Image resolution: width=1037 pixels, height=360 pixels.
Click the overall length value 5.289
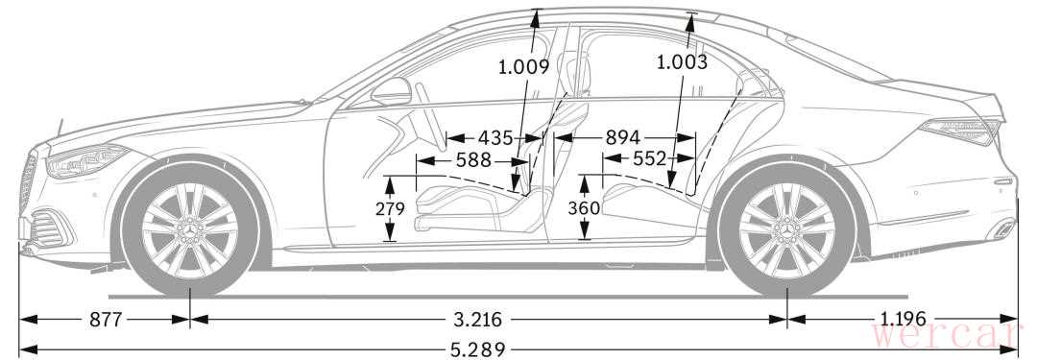[x=478, y=348]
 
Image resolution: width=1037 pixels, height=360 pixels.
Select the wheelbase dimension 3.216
[x=477, y=320]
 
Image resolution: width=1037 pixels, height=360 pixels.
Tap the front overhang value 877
[x=106, y=320]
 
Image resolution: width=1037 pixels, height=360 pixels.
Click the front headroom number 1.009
[x=524, y=66]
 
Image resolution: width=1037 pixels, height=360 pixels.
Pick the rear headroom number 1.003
[x=682, y=62]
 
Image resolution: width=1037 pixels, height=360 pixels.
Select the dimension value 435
[x=495, y=137]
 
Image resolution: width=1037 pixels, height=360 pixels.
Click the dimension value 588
[x=473, y=160]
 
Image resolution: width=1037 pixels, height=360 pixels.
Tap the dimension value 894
[x=623, y=137]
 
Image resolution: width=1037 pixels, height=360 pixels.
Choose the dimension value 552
[x=649, y=158]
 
